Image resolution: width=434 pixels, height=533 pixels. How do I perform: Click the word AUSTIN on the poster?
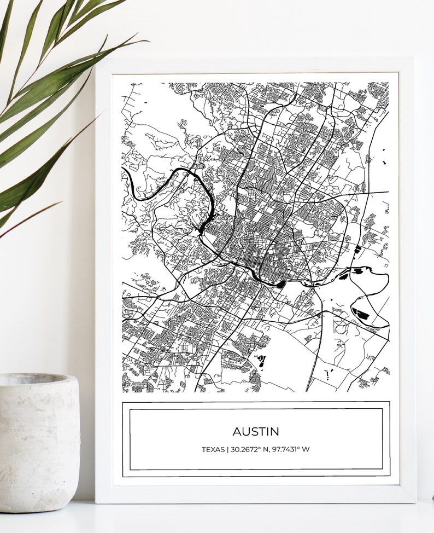pyautogui.click(x=256, y=431)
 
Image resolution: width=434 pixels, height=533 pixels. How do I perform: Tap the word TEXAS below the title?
pyautogui.click(x=212, y=450)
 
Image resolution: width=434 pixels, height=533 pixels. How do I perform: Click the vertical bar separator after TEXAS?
pyautogui.click(x=226, y=450)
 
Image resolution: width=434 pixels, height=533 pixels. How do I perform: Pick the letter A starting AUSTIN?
pyautogui.click(x=237, y=431)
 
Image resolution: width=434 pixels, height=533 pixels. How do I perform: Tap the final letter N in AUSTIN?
pyautogui.click(x=275, y=431)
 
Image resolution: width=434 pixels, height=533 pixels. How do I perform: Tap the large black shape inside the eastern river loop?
pyautogui.click(x=362, y=314)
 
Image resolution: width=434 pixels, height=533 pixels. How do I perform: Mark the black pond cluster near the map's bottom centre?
pyautogui.click(x=261, y=361)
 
